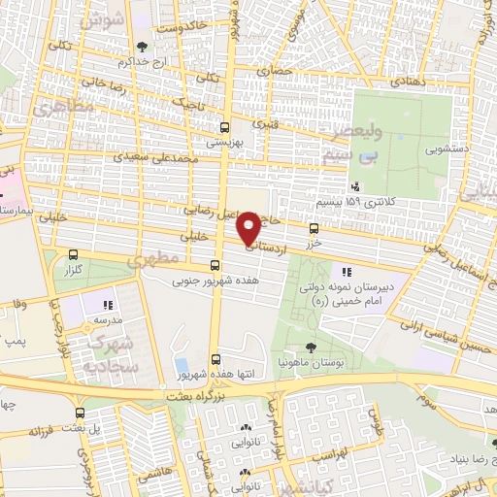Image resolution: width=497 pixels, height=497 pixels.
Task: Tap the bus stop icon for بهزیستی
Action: point(225,126)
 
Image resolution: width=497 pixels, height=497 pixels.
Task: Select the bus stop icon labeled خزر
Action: point(313,229)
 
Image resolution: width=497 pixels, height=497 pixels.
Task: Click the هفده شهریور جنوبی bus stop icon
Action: point(215,266)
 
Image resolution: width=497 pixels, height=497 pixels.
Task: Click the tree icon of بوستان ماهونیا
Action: point(310,347)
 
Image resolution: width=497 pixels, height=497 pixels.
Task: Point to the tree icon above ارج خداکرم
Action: point(143,46)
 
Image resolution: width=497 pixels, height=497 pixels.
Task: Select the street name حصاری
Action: point(273,71)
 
